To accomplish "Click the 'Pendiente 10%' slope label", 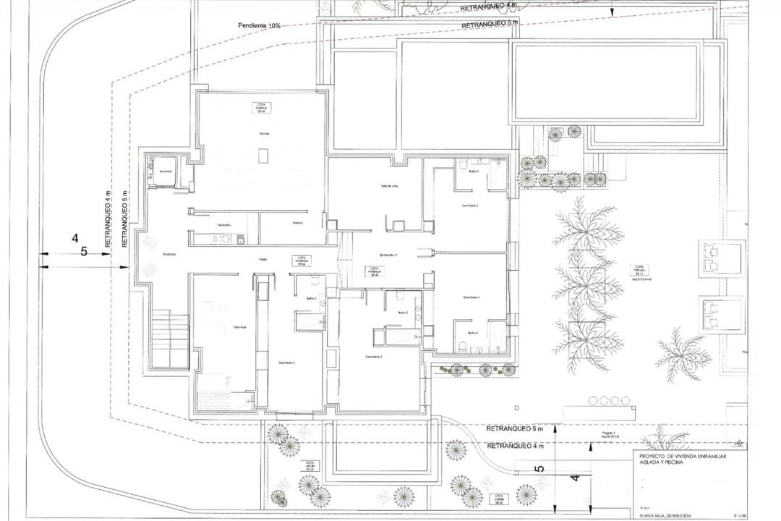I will [x=259, y=25].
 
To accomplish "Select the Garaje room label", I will [x=265, y=134].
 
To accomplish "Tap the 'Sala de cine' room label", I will [x=390, y=186].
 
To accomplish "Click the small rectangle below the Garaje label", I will [x=264, y=155].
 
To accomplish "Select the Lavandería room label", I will [x=222, y=225].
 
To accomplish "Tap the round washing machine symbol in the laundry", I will [x=225, y=238].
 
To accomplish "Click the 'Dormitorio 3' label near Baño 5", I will [x=470, y=206].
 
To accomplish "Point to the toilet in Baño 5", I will [x=461, y=165].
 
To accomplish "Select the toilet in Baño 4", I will [x=461, y=346].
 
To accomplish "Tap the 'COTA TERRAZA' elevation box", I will [x=637, y=268].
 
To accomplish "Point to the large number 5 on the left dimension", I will [x=84, y=252].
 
